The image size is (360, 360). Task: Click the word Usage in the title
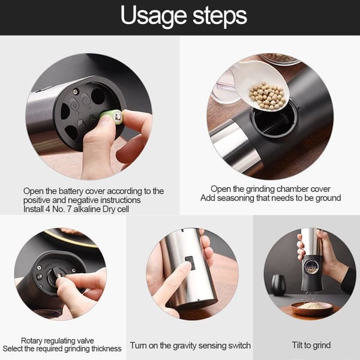coord(154,16)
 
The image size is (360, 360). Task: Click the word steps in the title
coord(220,16)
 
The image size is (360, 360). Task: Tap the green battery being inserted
coord(112,116)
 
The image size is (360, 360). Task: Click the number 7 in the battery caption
coord(68,209)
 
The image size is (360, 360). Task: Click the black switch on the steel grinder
coord(190,263)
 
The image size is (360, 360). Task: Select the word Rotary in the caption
coord(30,341)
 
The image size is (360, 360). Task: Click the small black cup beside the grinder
coord(278,284)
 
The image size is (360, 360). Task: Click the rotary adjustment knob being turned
coord(55,275)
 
